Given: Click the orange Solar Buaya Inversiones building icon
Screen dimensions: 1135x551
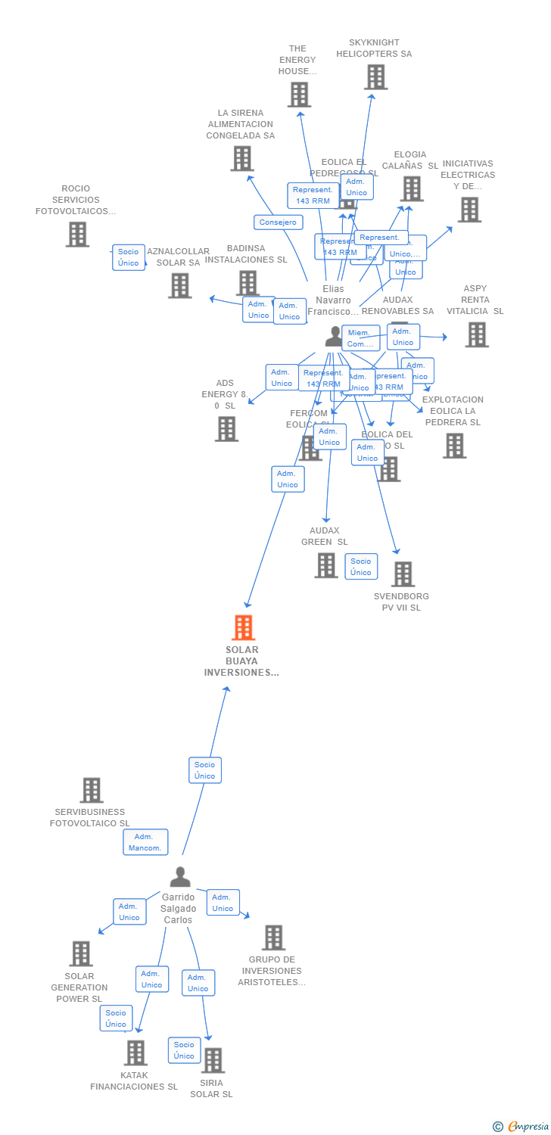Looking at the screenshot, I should tap(243, 627).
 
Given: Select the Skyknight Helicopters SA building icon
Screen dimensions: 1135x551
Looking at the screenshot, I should tap(375, 77).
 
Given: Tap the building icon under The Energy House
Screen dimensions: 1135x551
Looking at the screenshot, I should tap(299, 95).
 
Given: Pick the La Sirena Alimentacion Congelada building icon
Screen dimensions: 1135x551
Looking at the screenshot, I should tap(241, 159).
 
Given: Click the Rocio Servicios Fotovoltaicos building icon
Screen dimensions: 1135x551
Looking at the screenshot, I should tap(77, 235).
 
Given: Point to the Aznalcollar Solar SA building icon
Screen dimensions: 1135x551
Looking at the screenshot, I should tap(179, 286).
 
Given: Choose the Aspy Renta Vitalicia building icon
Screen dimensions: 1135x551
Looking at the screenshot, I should tap(476, 334).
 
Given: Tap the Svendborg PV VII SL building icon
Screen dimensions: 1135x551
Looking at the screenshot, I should tap(403, 574).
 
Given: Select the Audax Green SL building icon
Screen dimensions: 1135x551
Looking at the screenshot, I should tap(326, 565).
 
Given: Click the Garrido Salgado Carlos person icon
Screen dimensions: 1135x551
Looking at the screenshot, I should tap(180, 877).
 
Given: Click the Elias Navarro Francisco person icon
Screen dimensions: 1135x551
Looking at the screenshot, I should tap(334, 337).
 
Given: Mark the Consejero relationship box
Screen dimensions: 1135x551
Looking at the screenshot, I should tap(279, 222).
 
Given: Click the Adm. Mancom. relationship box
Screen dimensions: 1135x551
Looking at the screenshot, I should tap(145, 842).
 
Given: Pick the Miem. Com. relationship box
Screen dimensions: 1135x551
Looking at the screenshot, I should tap(360, 338).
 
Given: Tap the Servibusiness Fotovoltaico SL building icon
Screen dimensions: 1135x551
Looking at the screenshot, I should tap(92, 790).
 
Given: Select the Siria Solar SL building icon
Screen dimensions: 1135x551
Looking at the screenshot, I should tap(213, 1060).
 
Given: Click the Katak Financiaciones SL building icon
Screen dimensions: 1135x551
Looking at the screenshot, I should tap(135, 1053).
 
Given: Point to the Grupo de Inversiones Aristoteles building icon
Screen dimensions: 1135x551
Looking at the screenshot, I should tap(273, 938).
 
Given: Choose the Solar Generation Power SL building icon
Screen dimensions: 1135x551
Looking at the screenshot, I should tap(81, 953).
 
